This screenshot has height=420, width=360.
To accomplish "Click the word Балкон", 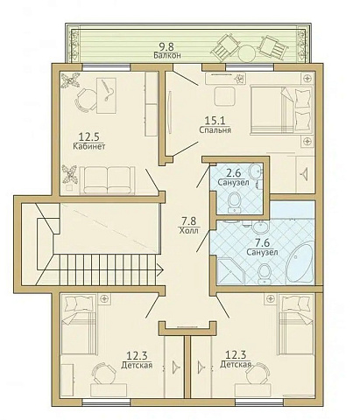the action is click(x=167, y=55).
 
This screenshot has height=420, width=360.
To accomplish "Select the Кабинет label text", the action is click(x=89, y=146).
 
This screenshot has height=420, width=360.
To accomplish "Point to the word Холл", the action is click(x=188, y=230).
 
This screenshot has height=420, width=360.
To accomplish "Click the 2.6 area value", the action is click(x=234, y=173).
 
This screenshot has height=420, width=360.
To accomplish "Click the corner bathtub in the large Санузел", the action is click(x=300, y=263).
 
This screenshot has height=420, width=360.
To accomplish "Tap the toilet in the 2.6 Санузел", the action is click(x=234, y=202).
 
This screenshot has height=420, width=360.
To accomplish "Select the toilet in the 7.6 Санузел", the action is click(x=265, y=274).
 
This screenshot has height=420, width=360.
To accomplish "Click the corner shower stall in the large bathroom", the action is click(x=230, y=270).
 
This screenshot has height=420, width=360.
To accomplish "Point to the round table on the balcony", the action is click(x=247, y=53).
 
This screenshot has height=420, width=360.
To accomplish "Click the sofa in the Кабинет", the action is click(x=107, y=180).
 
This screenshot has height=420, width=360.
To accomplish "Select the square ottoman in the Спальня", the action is click(x=224, y=96).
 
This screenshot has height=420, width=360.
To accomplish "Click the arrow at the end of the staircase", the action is click(x=159, y=269).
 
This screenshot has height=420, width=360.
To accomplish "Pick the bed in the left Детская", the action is click(x=78, y=325).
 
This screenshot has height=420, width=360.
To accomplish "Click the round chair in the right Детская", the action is click(x=258, y=373).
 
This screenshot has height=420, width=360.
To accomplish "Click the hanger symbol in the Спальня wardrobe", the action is click(x=304, y=174).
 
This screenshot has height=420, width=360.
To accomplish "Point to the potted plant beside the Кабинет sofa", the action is click(x=70, y=174).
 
